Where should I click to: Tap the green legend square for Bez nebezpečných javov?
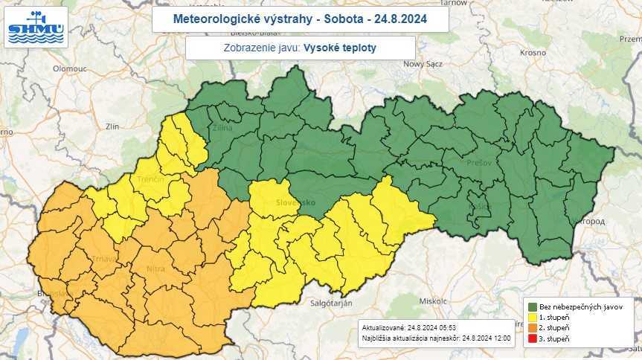(x=533, y=306)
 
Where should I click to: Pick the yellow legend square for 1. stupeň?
(x=533, y=318)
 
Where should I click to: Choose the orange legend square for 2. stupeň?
(x=533, y=328)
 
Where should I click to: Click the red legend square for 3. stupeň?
(x=533, y=339)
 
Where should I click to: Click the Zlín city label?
(x=113, y=126)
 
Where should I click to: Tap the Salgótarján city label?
(x=330, y=302)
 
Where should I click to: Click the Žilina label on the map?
(x=222, y=128)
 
